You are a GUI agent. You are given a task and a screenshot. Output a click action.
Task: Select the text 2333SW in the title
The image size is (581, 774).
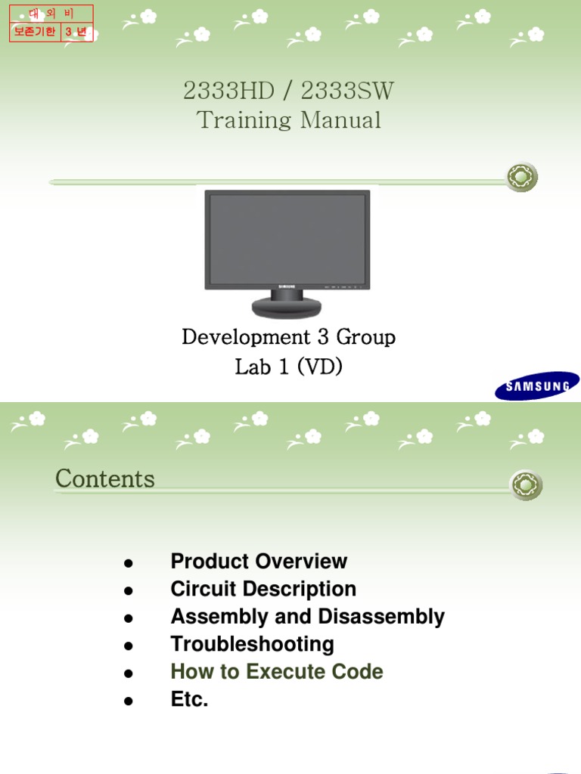[x=347, y=91]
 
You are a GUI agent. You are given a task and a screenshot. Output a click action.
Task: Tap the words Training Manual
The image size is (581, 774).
[x=289, y=119]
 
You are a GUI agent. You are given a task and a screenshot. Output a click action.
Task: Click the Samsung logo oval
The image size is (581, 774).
[x=537, y=385]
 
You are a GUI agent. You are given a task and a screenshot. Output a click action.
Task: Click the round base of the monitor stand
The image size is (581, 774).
[x=286, y=307]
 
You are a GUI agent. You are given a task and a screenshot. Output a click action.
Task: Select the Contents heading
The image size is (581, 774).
[x=105, y=478]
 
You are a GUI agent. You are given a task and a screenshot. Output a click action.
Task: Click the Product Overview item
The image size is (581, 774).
[x=259, y=562]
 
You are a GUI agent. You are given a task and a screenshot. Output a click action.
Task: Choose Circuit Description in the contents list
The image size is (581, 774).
[x=263, y=589]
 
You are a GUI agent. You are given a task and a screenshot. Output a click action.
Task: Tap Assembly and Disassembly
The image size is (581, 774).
[x=307, y=617]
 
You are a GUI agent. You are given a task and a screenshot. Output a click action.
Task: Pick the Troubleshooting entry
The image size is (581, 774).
[x=252, y=645]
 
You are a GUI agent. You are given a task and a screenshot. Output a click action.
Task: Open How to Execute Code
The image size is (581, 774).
[x=277, y=672]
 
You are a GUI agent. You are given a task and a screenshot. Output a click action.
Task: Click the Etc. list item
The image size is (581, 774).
[x=189, y=700]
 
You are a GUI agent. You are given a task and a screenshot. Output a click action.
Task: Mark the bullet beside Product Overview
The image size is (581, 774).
[x=129, y=564]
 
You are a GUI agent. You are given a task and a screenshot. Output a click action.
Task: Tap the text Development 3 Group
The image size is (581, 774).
[x=288, y=336]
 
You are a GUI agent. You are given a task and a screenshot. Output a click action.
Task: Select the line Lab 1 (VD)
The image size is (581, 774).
[x=288, y=367]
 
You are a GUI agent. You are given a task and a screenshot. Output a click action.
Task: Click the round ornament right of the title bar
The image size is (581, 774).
[x=522, y=178]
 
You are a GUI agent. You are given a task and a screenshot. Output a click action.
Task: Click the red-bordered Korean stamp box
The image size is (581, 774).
[x=51, y=23]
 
